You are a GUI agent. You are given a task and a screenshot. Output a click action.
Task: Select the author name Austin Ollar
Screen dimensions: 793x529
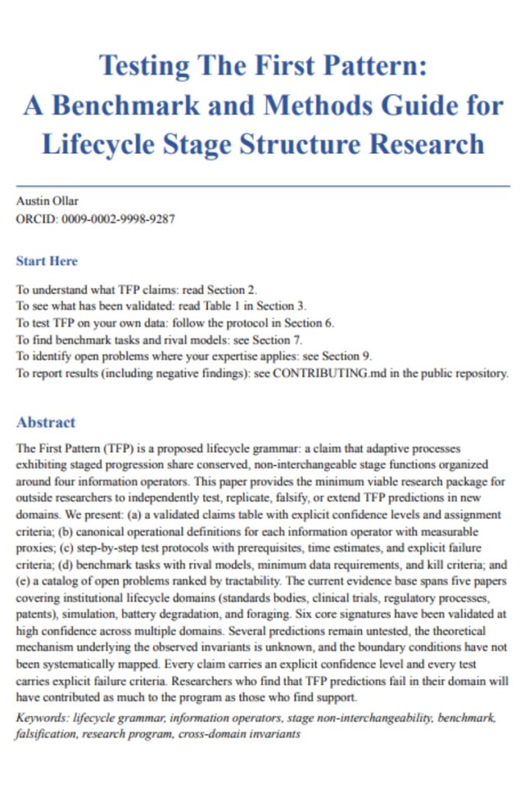pyautogui.click(x=47, y=201)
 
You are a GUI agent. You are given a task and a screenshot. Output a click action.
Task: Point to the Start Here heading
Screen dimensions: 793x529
pyautogui.click(x=46, y=261)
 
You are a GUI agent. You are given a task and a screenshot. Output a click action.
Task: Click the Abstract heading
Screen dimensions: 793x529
pyautogui.click(x=46, y=422)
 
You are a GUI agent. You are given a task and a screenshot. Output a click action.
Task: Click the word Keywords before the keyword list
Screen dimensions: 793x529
pyautogui.click(x=41, y=718)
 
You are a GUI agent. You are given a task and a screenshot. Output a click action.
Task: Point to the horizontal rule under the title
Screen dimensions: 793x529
pyautogui.click(x=263, y=187)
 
